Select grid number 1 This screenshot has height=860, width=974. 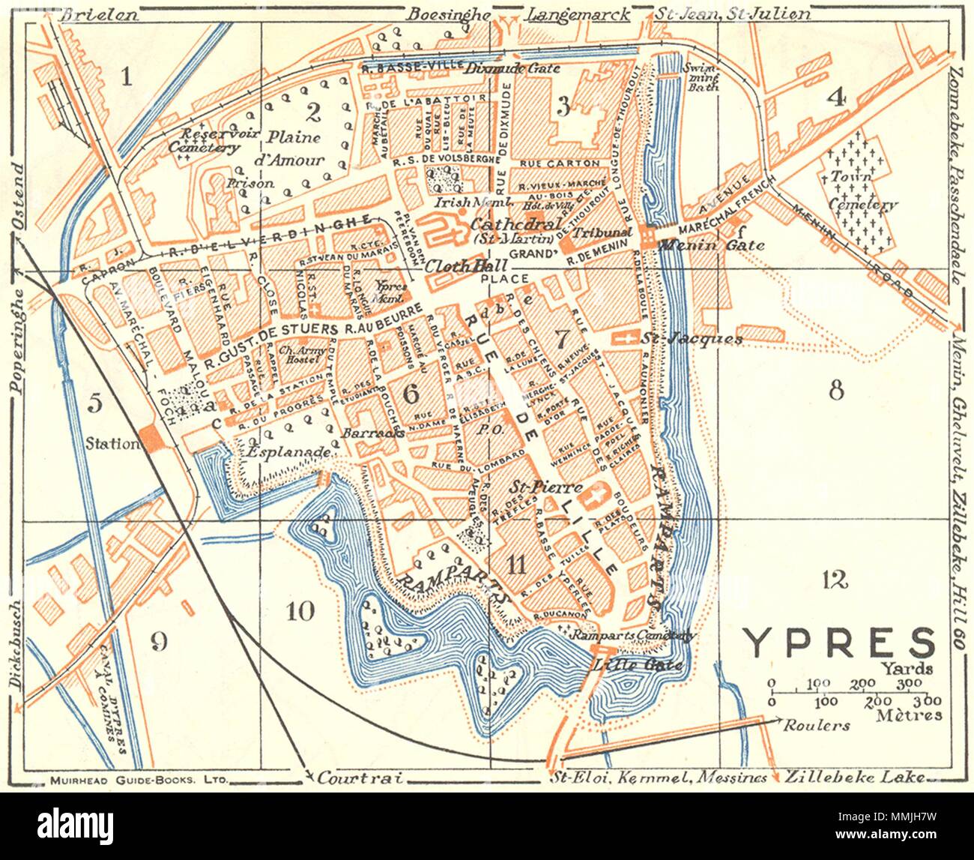[126, 76]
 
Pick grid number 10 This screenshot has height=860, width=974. [300, 611]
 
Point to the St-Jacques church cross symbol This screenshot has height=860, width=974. [621, 339]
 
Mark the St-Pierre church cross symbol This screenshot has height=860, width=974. [597, 496]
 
